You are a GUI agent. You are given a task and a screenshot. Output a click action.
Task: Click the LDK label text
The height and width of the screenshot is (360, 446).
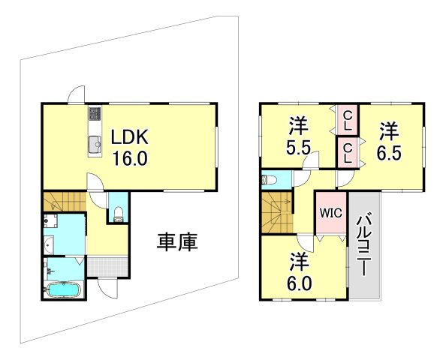tap(132, 138)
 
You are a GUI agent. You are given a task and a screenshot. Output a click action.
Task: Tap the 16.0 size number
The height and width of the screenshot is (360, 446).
tap(132, 159)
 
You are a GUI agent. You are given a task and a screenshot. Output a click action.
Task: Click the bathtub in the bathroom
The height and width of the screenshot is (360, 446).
tap(63, 289)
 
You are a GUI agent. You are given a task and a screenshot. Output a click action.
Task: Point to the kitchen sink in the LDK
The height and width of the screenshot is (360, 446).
tap(95, 145)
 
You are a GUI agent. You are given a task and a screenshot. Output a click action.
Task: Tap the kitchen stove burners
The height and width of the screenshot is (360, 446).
tap(95, 114)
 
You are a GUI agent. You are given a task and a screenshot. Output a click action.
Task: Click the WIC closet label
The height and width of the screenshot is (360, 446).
tap(331, 212)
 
